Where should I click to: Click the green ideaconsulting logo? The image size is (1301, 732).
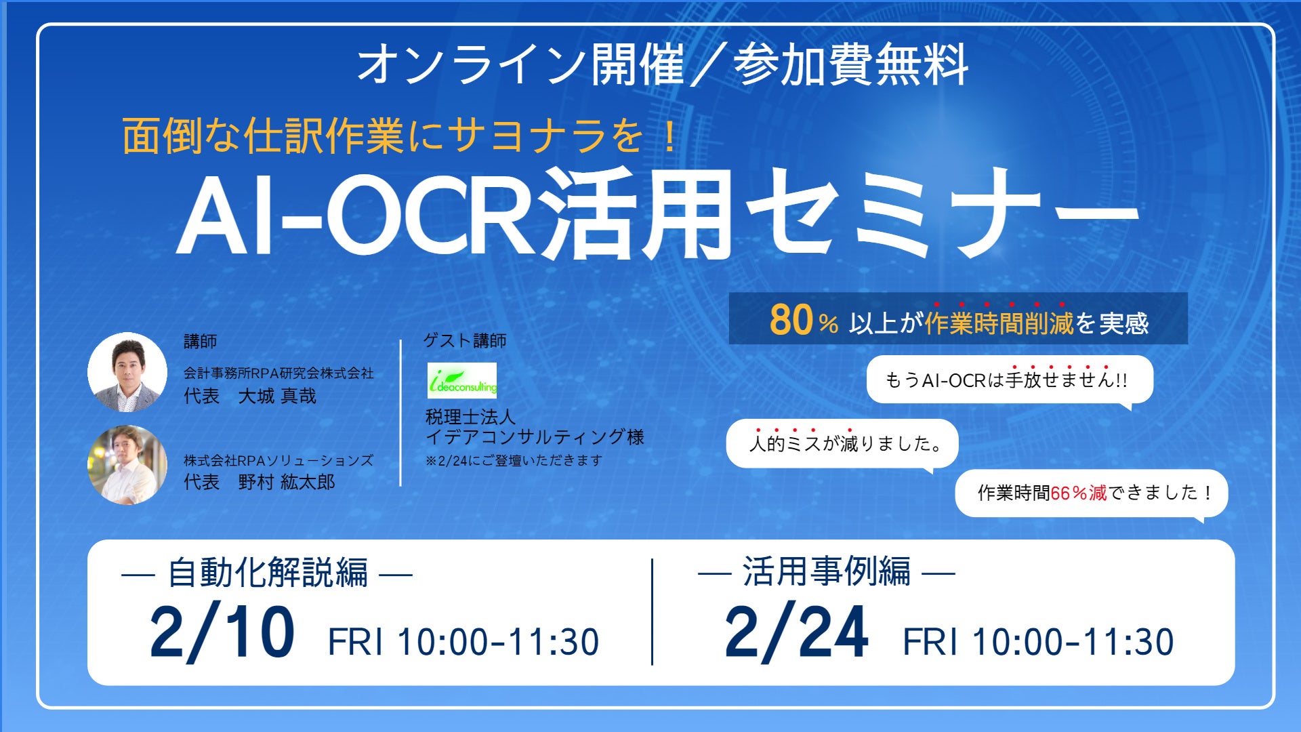[x=462, y=380]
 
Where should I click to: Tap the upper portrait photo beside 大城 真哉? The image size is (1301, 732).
[x=127, y=372]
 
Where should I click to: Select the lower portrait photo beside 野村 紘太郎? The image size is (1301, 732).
[x=127, y=465]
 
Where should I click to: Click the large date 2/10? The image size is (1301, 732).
[x=222, y=632]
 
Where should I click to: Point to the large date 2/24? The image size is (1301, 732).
[x=796, y=632]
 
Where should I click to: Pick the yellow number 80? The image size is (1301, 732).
[x=791, y=319]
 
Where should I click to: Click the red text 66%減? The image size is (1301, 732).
[x=1078, y=493]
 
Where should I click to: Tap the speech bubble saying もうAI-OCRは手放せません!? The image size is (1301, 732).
[x=1010, y=380]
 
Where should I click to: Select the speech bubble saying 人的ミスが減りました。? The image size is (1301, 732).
[x=842, y=444]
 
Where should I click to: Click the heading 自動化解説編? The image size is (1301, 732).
[x=268, y=573]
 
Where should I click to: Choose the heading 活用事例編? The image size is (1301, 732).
[x=827, y=571]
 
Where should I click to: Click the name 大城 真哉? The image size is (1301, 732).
[x=277, y=396]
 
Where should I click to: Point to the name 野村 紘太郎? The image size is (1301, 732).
[x=287, y=483]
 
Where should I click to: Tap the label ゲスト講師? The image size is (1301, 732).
[x=465, y=340]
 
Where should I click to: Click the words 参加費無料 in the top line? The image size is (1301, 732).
[x=851, y=65]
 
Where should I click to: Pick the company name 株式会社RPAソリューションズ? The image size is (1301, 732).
[x=278, y=460]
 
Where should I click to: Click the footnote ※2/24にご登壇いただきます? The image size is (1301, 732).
[x=514, y=460]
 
